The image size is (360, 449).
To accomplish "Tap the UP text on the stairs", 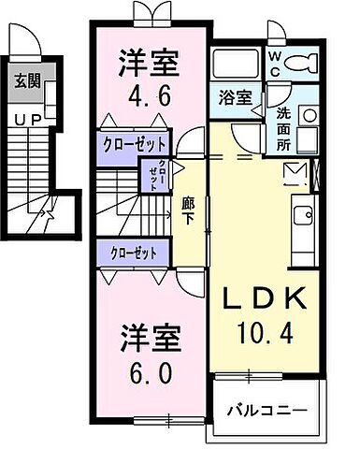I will tap(26, 119).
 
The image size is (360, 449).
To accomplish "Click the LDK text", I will tap(264, 299).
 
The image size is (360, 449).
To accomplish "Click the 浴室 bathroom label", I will tap(233, 97).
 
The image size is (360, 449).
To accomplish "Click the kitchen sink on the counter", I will tap(303, 216).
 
